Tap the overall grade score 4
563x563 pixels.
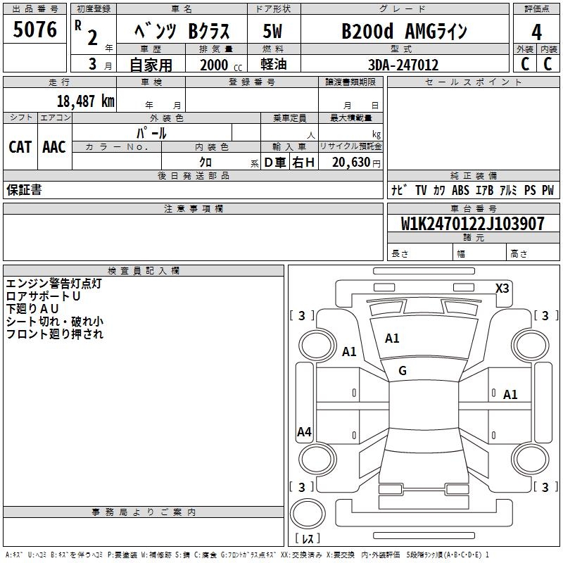point(536,32)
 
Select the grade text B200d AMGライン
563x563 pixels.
point(404,32)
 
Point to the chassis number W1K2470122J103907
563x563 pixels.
point(472,224)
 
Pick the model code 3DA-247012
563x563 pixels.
point(403,65)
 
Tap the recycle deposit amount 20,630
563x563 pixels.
point(352,162)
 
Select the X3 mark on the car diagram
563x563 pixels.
point(502,288)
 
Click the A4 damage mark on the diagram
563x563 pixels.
point(304,432)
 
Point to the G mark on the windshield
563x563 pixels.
point(403,371)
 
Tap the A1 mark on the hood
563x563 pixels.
point(392,339)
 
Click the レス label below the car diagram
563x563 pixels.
point(310,538)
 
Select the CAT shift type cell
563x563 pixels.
point(20,147)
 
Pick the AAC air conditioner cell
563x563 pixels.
point(53,147)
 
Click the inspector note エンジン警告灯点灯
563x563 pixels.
point(53,284)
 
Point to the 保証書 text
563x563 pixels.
point(24,190)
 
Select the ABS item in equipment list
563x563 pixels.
point(460,190)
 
